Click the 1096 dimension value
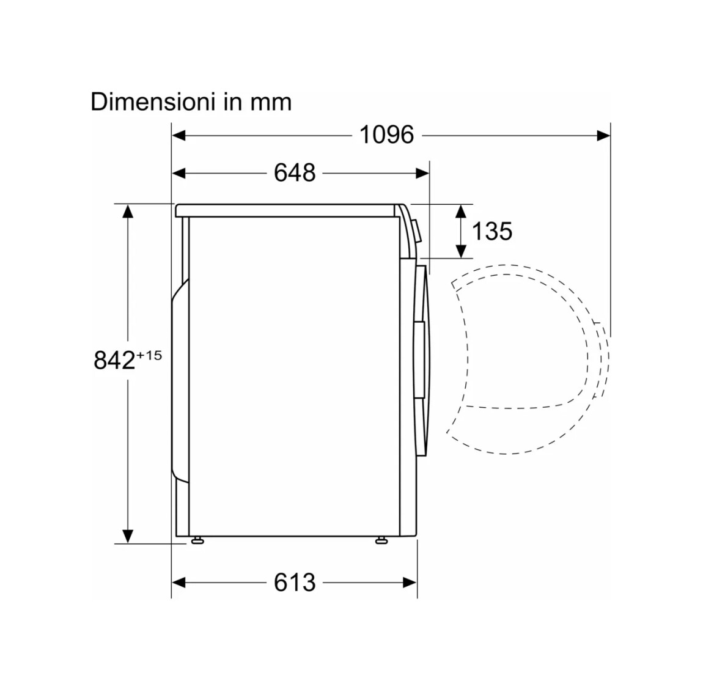click(386, 134)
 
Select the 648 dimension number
click(295, 172)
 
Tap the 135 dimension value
click(492, 232)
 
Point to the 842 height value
click(114, 359)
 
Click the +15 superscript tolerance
click(149, 355)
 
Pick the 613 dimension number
click(295, 583)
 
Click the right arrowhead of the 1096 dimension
click(603, 135)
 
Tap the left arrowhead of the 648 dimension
click(179, 173)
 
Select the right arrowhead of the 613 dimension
click(410, 583)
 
